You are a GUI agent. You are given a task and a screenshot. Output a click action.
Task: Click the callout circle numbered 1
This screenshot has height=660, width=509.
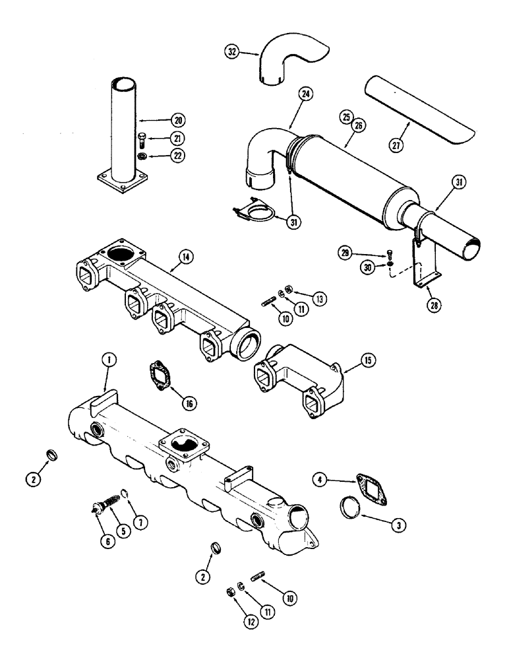(x=108, y=360)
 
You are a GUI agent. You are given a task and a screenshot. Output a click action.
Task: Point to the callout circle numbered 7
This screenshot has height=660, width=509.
(x=140, y=523)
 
